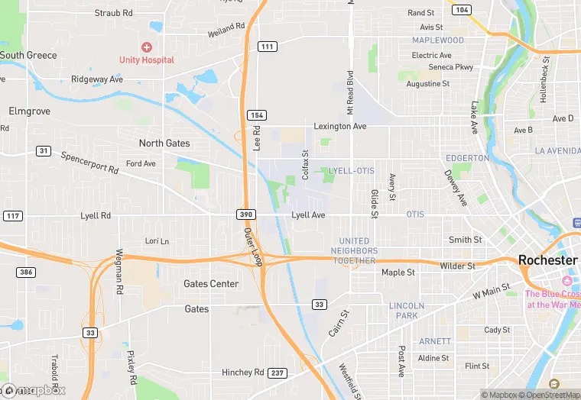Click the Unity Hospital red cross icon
tap(146, 47)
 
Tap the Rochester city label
tap(547, 260)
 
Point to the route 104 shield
tap(461, 10)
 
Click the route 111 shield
tap(266, 47)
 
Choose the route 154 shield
tap(256, 115)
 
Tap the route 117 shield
tap(12, 216)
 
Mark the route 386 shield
tap(26, 273)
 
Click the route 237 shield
tap(278, 373)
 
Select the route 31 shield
tap(44, 150)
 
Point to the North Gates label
tap(164, 144)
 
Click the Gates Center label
tap(211, 284)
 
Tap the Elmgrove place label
tap(29, 111)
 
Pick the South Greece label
tap(28, 55)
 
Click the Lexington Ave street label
tap(340, 126)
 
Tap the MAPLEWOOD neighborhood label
tap(438, 40)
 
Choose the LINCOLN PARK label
tap(407, 311)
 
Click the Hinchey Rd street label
tap(242, 373)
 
